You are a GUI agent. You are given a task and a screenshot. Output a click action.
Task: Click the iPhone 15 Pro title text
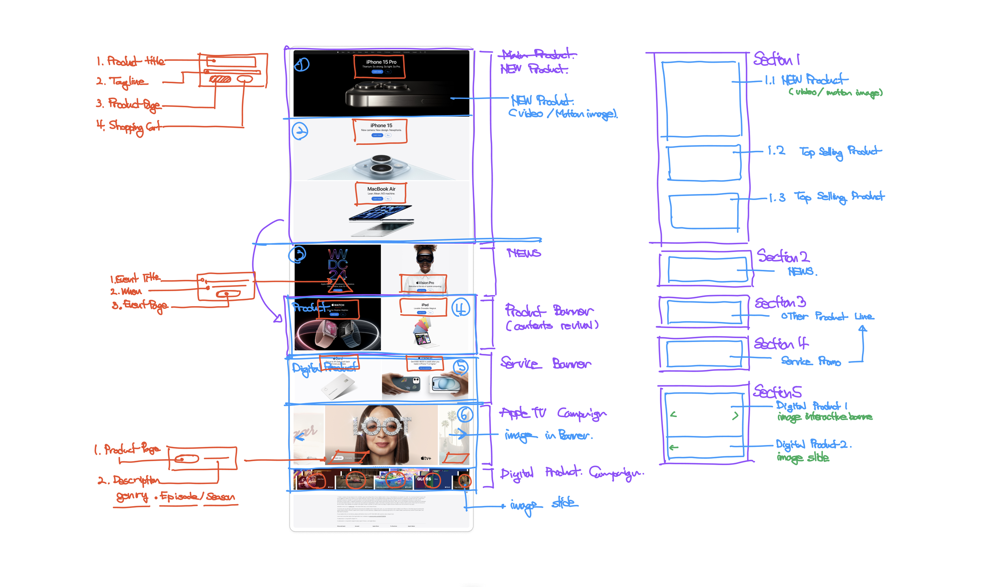381,62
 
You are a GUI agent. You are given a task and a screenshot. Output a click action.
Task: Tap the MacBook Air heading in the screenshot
381,189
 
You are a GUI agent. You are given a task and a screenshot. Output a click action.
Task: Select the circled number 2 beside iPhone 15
300,131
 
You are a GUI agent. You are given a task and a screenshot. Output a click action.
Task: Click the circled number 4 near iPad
460,308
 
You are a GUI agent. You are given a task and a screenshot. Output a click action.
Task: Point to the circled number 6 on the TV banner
464,414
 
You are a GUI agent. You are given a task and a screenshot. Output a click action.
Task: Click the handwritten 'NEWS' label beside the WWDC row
523,253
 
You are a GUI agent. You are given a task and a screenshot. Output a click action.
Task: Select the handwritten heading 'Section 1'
776,59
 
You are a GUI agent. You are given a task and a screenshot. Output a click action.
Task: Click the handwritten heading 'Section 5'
777,392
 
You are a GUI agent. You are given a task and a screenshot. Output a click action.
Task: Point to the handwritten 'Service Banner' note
545,363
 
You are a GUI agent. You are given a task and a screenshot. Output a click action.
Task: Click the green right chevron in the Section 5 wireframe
735,416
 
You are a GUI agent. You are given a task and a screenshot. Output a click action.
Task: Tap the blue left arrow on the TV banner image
300,437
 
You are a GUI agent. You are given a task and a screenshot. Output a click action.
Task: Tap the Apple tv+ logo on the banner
426,458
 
